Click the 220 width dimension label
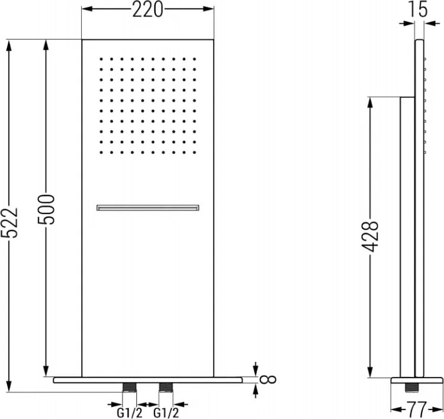point(147,9)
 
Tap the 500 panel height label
point(46,210)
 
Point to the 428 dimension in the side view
point(370,236)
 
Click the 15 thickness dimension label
point(417,9)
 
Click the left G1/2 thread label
point(130,412)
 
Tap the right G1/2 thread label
point(166,412)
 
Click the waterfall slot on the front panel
point(148,208)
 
